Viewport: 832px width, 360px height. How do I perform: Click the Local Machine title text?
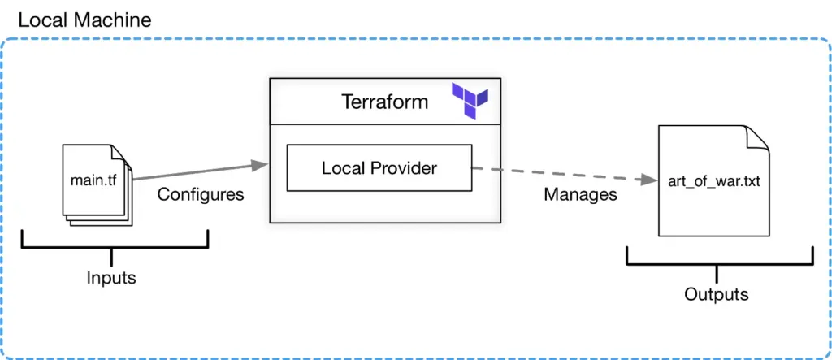coord(84,20)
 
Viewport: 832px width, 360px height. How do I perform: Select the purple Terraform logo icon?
coord(470,101)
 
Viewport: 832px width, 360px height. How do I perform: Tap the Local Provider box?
coord(379,168)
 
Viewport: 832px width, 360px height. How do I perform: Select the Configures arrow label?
coord(200,195)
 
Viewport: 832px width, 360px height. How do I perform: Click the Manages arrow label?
coord(580,195)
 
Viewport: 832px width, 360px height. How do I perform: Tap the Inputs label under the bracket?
coord(111,278)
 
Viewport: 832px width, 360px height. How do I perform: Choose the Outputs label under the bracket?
coord(716,294)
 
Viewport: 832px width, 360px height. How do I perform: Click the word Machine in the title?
coord(114,20)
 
